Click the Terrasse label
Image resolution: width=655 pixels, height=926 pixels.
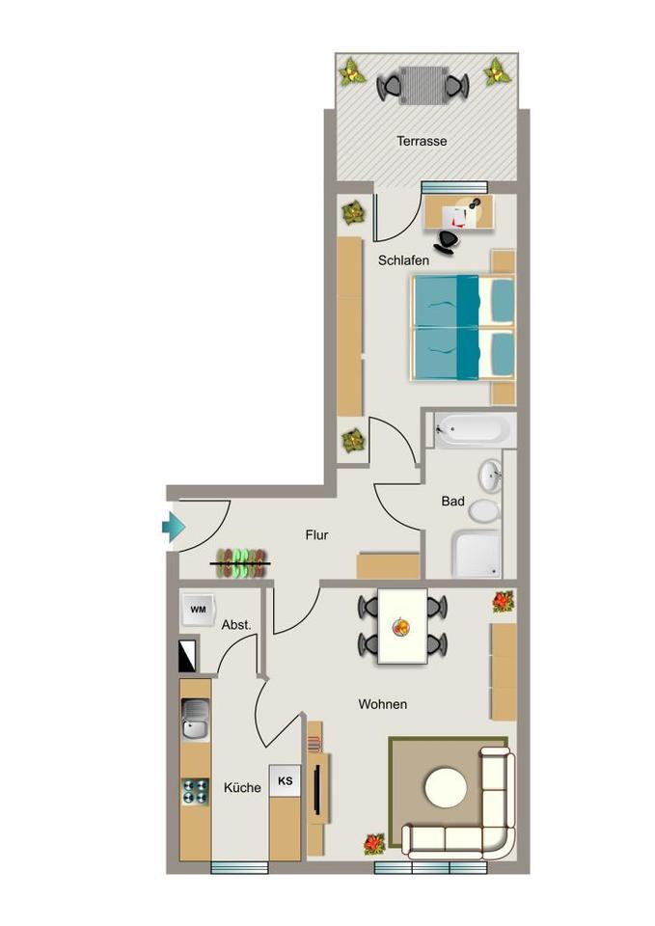pos(422,141)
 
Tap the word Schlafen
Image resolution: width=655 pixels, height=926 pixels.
pos(403,259)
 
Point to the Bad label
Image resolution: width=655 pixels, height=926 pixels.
pos(452,502)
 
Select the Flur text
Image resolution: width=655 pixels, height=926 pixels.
pos(316,534)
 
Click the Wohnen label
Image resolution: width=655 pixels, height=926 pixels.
pos(382,704)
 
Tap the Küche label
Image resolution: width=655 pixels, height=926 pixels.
pos(242,787)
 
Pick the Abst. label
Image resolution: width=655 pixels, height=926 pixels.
pos(236,625)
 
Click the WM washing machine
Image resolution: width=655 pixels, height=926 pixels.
pos(198,609)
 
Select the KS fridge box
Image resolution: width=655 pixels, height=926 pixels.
pos(286,780)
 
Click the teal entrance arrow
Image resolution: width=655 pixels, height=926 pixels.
pos(174,527)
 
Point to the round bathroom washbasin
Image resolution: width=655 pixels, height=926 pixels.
pos(490,475)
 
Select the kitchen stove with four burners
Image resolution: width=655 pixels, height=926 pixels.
pos(195,791)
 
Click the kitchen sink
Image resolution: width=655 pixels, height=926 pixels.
pos(195,720)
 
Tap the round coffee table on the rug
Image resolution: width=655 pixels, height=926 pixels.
pos(445,788)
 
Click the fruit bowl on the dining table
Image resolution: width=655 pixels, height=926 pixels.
pos(400,628)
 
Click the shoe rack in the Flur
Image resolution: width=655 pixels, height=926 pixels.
pos(241,562)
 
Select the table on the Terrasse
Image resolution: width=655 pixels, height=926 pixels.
pos(423,84)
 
